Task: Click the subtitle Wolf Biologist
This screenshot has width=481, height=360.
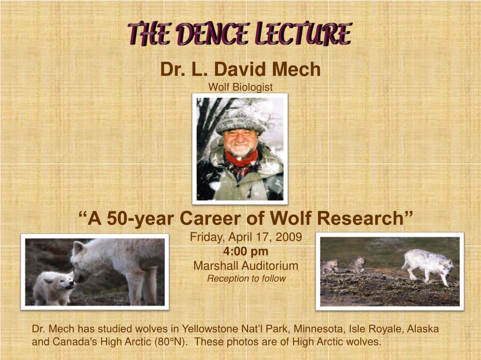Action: [240, 87]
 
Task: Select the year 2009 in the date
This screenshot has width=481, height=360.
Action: [288, 237]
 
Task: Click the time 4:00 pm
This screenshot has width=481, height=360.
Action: [246, 251]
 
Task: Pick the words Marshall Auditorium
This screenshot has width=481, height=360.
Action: [246, 266]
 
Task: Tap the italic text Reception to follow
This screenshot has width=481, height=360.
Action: [246, 278]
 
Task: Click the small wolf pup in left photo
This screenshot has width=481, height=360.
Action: [54, 287]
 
